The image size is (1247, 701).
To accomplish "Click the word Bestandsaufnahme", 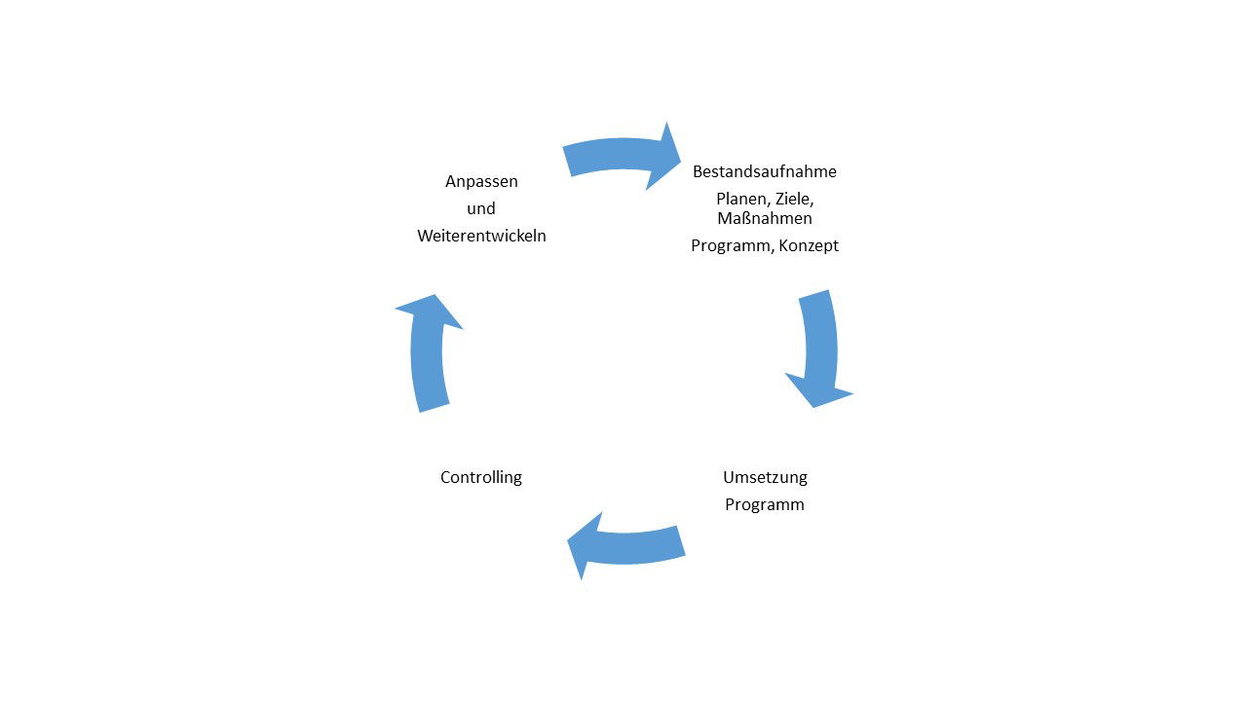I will [x=764, y=172].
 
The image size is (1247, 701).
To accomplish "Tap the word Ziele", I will [x=794, y=199].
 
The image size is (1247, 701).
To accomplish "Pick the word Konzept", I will [x=809, y=246].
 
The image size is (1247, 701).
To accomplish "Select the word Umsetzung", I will [x=765, y=477].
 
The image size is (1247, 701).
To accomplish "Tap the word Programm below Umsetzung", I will [x=765, y=504].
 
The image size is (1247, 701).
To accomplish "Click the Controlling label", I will [x=481, y=477].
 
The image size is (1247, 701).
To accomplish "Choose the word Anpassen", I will [x=481, y=181].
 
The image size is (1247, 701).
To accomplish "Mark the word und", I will [x=481, y=208].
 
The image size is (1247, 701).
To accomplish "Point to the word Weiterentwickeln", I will [x=481, y=236].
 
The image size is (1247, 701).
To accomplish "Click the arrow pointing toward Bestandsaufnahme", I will [x=614, y=156].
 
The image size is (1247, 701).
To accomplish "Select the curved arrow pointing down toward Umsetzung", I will [x=819, y=341].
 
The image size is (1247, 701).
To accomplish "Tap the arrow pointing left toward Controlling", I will [x=633, y=545].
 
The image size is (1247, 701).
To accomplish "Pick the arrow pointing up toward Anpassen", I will [x=429, y=360].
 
